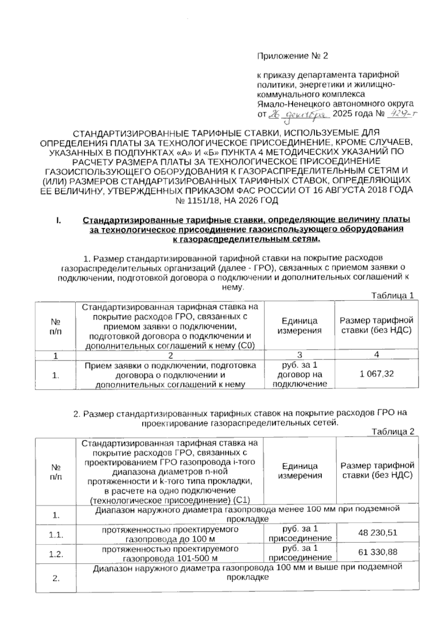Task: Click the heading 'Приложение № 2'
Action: click(292, 56)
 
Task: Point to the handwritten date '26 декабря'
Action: click(298, 114)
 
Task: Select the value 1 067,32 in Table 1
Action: click(377, 374)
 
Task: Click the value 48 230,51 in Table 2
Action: click(377, 533)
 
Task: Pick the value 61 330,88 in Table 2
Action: click(377, 552)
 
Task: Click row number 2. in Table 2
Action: click(56, 578)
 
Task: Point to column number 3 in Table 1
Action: click(299, 355)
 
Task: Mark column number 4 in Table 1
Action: click(377, 355)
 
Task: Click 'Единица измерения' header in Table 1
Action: click(299, 326)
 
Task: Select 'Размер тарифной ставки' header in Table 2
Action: click(377, 470)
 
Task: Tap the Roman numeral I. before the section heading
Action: click(58, 220)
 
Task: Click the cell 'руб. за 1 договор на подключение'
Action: click(299, 374)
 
